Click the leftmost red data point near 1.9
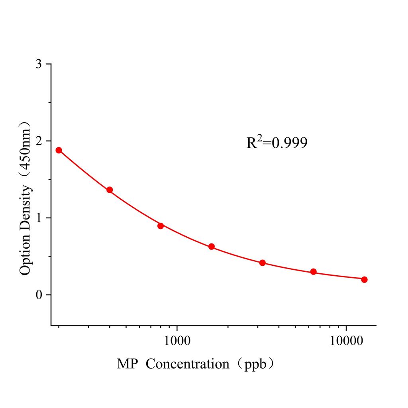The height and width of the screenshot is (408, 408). click(59, 150)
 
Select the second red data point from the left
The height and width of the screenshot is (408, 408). click(110, 190)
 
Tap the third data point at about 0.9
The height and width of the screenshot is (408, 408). click(161, 226)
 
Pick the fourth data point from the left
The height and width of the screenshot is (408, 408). click(212, 247)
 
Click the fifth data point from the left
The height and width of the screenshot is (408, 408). click(263, 263)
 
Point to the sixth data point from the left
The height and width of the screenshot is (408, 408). click(314, 272)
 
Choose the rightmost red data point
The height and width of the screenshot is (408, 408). click(364, 279)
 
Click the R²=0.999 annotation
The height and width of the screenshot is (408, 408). click(277, 143)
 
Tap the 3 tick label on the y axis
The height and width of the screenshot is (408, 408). click(39, 64)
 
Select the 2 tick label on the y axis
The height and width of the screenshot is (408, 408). click(39, 141)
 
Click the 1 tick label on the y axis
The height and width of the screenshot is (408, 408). click(39, 218)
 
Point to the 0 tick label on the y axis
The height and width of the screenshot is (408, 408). click(39, 295)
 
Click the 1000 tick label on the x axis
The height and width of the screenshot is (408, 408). click(177, 341)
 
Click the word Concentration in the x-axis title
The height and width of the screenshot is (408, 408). click(188, 364)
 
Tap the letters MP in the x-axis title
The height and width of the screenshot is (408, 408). click(127, 364)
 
